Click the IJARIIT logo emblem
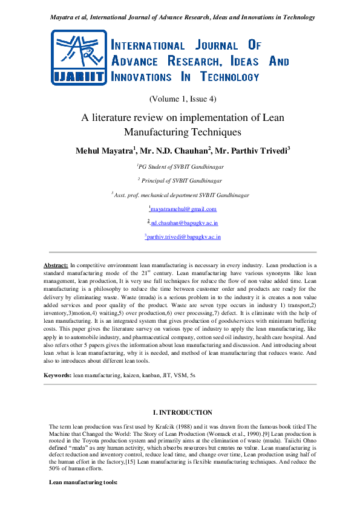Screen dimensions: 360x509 click(x=80, y=57)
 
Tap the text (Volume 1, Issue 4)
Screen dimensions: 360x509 click(x=182, y=99)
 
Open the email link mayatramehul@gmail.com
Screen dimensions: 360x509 click(x=183, y=209)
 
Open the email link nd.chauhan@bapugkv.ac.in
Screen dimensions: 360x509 click(x=183, y=223)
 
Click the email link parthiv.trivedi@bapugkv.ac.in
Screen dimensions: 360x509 click(x=183, y=237)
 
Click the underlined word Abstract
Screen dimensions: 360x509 click(x=56, y=265)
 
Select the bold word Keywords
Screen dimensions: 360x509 click(x=57, y=375)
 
